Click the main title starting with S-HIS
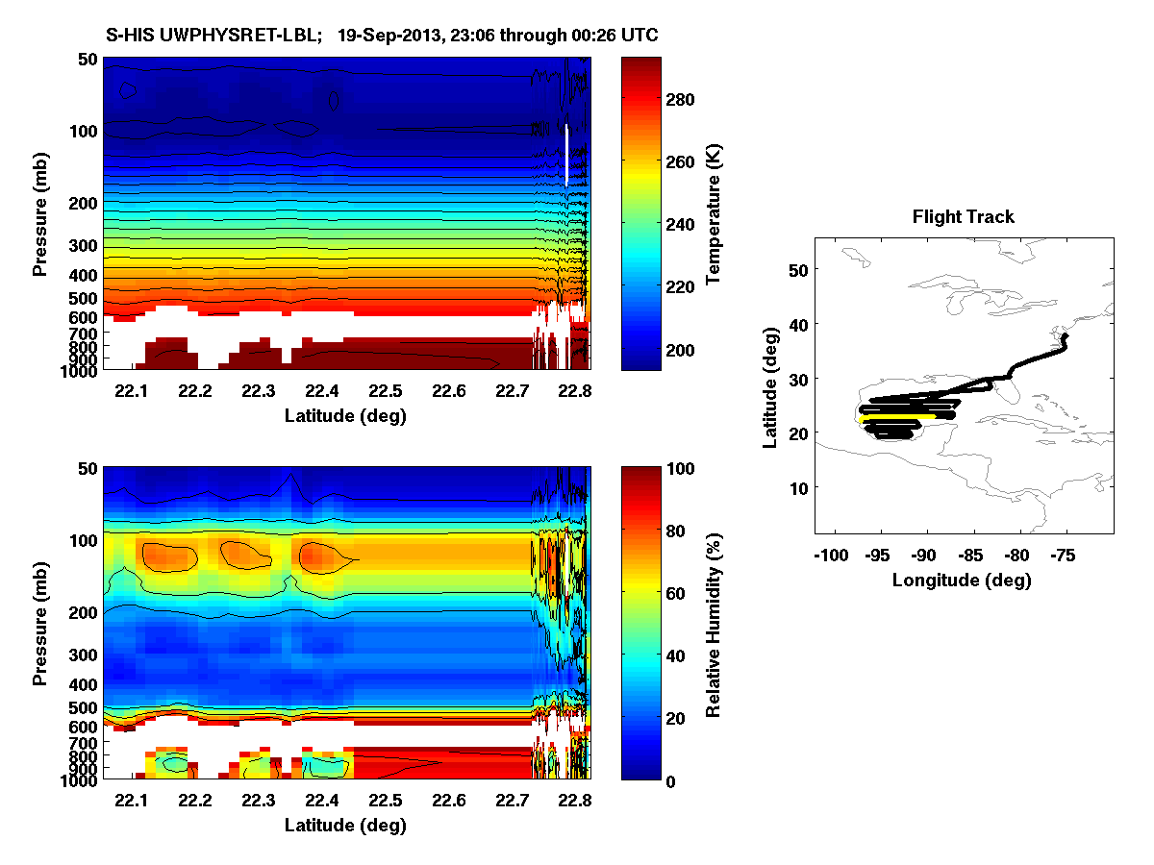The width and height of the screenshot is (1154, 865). pyautogui.click(x=382, y=36)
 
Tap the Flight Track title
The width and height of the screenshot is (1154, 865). pyautogui.click(x=963, y=217)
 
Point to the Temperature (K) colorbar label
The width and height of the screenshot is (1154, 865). pyautogui.click(x=714, y=213)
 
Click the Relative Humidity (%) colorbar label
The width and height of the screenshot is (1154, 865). pyautogui.click(x=714, y=624)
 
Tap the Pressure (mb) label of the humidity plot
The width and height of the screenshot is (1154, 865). pyautogui.click(x=39, y=624)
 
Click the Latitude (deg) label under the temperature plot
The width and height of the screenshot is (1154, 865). pyautogui.click(x=345, y=415)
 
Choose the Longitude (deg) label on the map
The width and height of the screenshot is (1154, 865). pyautogui.click(x=962, y=580)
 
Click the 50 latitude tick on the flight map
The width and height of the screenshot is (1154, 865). pyautogui.click(x=797, y=270)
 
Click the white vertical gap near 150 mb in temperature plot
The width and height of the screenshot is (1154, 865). pyautogui.click(x=567, y=154)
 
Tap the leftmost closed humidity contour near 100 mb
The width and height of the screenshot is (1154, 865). pyautogui.click(x=168, y=557)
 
